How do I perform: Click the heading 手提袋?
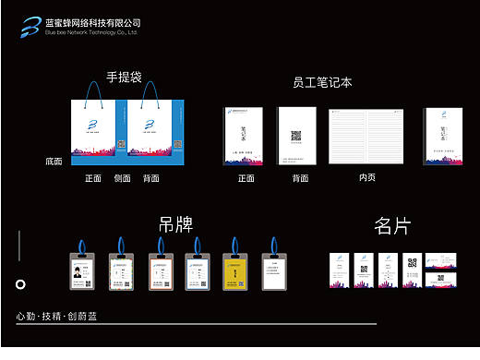pos(124,78)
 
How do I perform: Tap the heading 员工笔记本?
pos(317,83)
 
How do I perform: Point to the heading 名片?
pos(392,226)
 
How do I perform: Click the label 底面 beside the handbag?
pos(54,162)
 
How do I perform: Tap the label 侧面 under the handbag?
pos(122,178)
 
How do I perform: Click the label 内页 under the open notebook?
pos(367,177)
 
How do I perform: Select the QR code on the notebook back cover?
pos(297,136)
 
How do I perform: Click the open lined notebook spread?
pos(367,137)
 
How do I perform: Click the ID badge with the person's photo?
pos(84,270)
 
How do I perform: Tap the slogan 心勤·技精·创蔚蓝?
pos(56,317)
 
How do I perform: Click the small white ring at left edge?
pos(20,284)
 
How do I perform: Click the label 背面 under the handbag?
pos(151,178)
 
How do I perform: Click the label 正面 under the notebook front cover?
pos(246,178)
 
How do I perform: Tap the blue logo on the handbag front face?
pos(92,123)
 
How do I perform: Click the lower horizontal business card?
pos(443,279)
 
